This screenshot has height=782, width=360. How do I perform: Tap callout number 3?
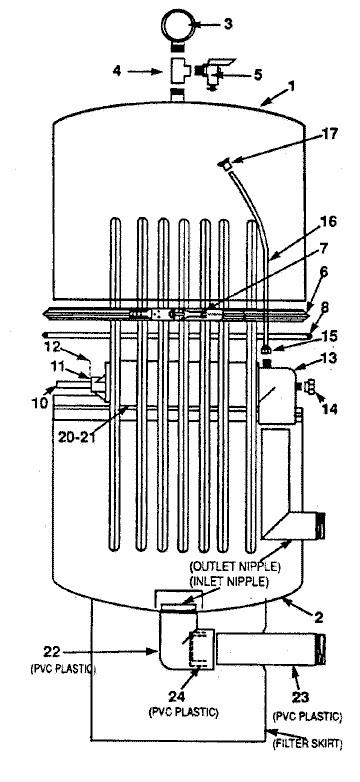point(228,24)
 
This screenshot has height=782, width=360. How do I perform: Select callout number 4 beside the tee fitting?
point(116,71)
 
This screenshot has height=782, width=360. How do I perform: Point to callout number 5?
point(257,75)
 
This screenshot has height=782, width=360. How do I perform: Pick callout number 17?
point(330,134)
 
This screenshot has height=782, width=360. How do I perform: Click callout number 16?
point(329,220)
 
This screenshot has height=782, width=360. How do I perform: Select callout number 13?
point(330,358)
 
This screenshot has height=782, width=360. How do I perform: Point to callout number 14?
point(330,409)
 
